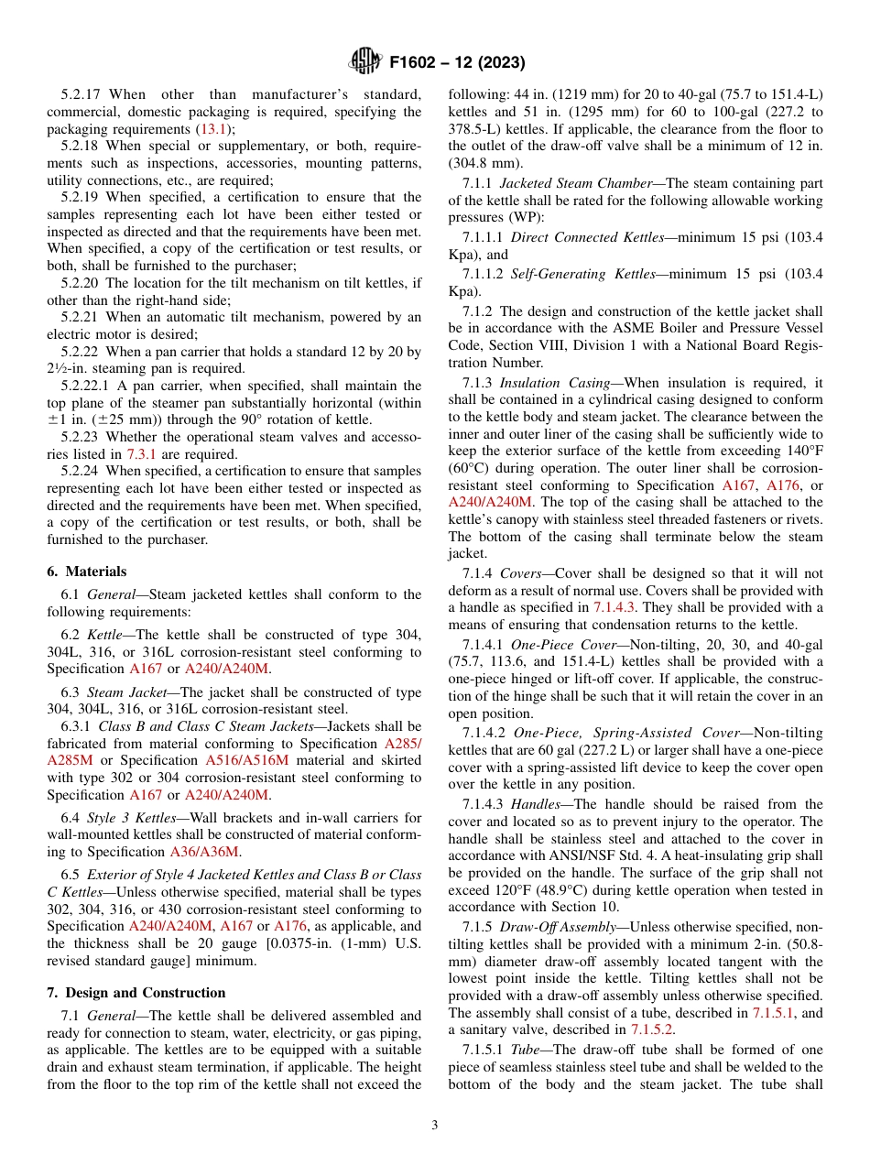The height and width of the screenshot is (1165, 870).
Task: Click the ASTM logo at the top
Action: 364,62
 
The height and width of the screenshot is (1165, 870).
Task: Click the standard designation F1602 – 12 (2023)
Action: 457,63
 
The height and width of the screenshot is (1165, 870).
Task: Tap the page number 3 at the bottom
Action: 434,1126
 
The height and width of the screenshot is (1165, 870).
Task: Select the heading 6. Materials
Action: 86,571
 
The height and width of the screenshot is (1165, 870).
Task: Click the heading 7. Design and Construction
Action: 136,993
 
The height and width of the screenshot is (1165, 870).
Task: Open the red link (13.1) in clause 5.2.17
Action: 215,129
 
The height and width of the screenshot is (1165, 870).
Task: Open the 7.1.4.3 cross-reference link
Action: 617,607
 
